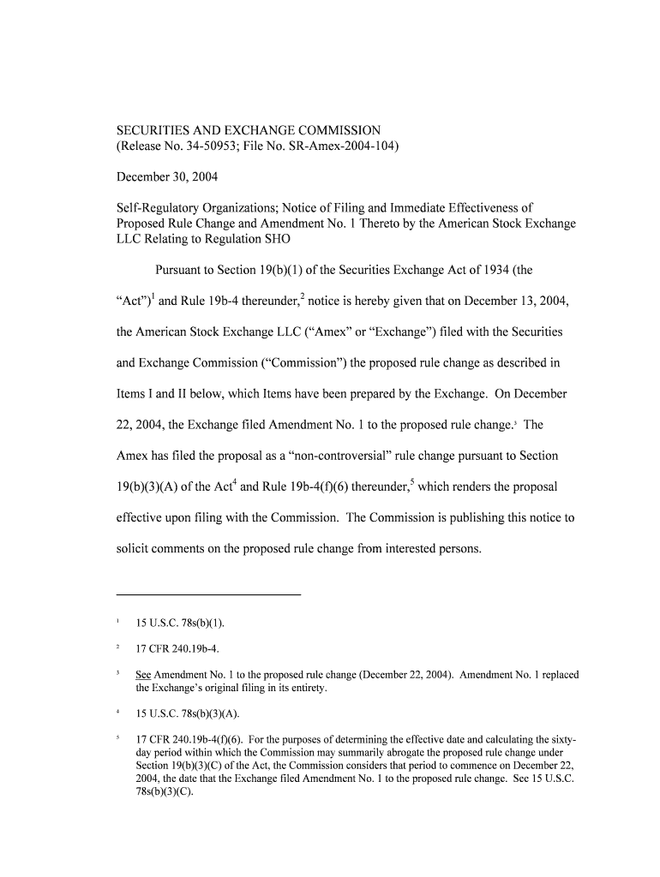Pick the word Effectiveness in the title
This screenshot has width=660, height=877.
[497, 207]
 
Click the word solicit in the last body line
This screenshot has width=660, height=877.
[134, 548]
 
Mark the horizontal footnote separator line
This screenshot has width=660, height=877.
[208, 594]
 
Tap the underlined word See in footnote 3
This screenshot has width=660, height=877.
[143, 675]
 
